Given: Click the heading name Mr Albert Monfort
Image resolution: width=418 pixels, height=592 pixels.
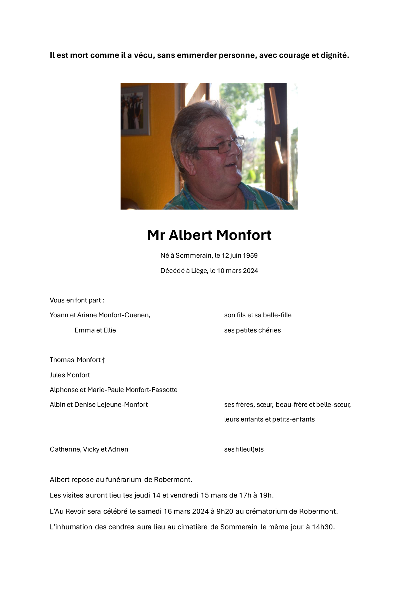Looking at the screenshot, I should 209,235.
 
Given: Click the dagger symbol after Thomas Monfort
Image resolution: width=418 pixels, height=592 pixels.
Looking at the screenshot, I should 104,360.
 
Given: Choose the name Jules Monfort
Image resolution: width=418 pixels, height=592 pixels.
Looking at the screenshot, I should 70,375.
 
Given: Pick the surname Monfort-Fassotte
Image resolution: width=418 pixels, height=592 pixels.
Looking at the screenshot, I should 151,390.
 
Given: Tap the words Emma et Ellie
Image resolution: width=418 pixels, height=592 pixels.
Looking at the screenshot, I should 95,330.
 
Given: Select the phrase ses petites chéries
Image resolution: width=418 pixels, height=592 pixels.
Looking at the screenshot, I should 252,330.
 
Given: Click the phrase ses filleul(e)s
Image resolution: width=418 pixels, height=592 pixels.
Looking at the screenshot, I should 244,449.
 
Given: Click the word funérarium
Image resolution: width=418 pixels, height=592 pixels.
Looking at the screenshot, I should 123,480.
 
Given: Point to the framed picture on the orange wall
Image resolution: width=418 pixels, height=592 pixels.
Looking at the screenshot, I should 135,110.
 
